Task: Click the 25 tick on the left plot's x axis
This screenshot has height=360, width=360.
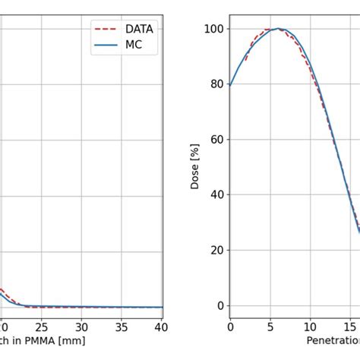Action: pos(41,327)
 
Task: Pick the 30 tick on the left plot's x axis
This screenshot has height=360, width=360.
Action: pos(81,327)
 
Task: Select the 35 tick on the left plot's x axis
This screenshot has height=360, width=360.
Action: pos(122,327)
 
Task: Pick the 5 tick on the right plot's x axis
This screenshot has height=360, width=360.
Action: pos(270,327)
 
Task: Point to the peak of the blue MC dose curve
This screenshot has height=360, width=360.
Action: pos(279,29)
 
